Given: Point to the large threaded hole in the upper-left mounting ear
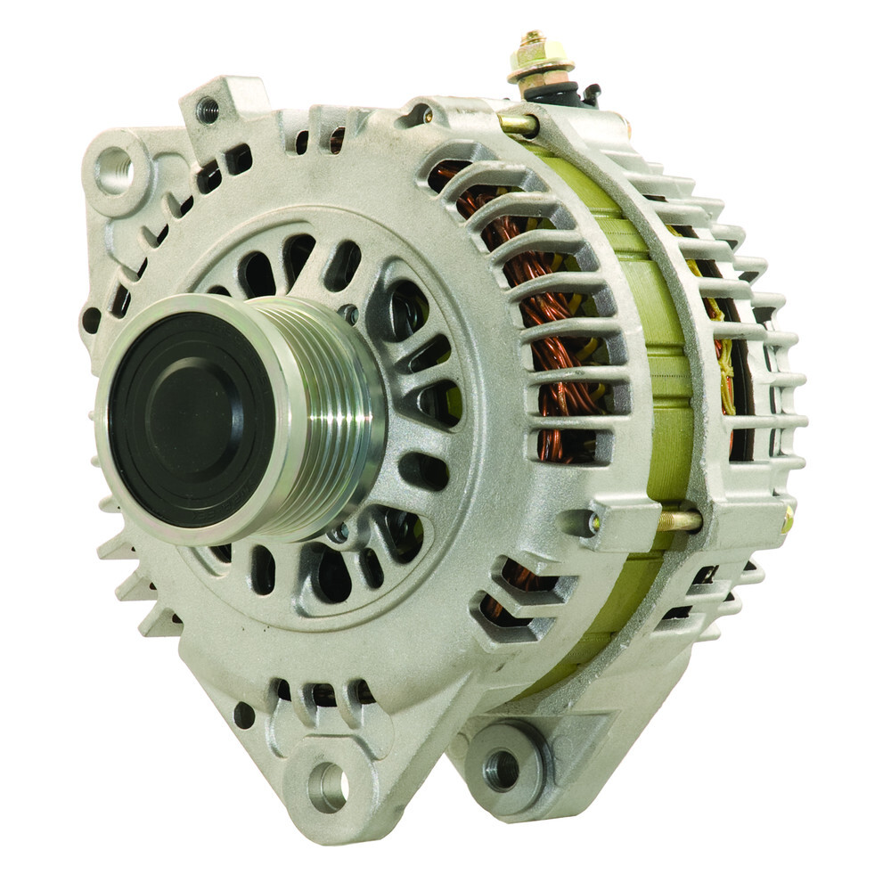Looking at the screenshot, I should [x=113, y=170].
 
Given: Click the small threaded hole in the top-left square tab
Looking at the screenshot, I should [x=208, y=110].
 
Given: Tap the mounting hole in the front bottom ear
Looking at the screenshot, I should [x=328, y=785].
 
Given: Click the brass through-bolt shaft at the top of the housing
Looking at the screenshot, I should [x=516, y=124].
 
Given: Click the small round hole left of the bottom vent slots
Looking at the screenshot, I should [x=243, y=714].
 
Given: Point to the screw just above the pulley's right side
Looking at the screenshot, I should [x=349, y=314].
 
